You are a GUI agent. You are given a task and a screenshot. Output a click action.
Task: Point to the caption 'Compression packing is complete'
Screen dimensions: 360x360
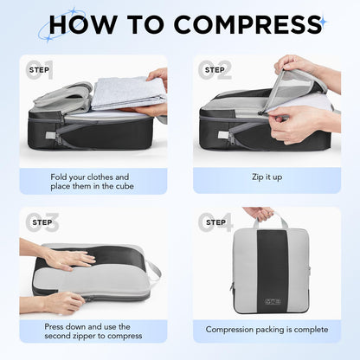tap(267, 329)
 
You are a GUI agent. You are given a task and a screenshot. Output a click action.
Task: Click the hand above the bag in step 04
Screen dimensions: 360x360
tap(257, 212)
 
